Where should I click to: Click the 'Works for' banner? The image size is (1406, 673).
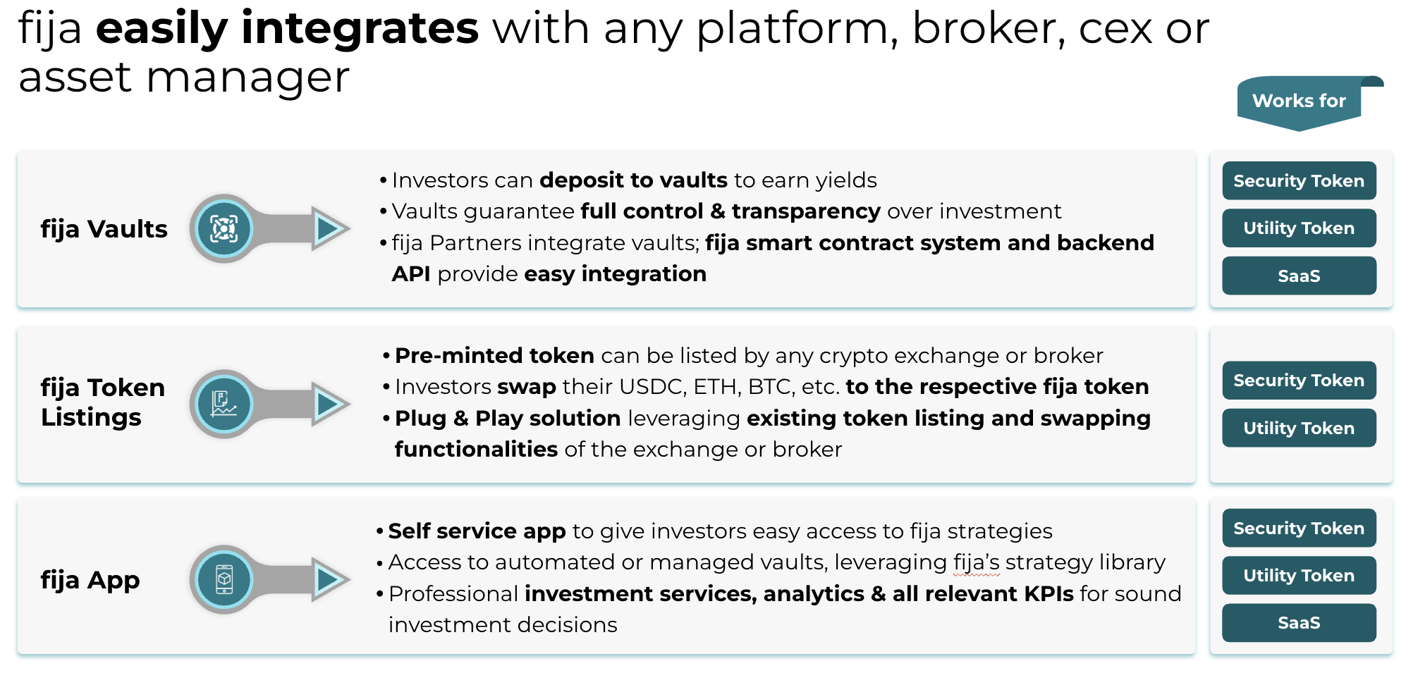[1300, 102]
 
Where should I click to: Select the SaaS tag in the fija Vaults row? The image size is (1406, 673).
[1299, 276]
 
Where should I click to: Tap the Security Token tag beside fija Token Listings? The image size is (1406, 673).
[1299, 381]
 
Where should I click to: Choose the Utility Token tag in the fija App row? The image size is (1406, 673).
[1299, 576]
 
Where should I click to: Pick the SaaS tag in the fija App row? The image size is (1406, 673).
[1299, 623]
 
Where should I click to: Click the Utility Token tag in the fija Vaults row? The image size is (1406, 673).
[1299, 228]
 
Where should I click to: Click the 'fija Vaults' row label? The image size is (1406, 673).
[104, 229]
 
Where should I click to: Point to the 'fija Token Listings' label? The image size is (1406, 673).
[103, 402]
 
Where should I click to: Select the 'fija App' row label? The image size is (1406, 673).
[90, 580]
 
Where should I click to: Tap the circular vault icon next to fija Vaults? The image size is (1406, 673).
[224, 228]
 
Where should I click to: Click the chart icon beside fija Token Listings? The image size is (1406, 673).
[224, 404]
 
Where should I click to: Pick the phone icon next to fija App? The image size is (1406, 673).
[224, 579]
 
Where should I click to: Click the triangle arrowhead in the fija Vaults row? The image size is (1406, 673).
[329, 228]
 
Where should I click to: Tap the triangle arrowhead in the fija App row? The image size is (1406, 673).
[329, 579]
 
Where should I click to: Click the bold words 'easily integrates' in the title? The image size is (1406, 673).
[288, 30]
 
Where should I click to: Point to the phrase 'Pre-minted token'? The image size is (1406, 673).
[494, 355]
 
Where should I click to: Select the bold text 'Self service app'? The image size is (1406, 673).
[477, 531]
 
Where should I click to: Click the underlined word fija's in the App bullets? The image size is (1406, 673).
[977, 562]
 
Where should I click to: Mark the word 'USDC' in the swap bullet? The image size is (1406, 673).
[650, 387]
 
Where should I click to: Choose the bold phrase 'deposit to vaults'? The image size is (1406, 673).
[633, 180]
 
